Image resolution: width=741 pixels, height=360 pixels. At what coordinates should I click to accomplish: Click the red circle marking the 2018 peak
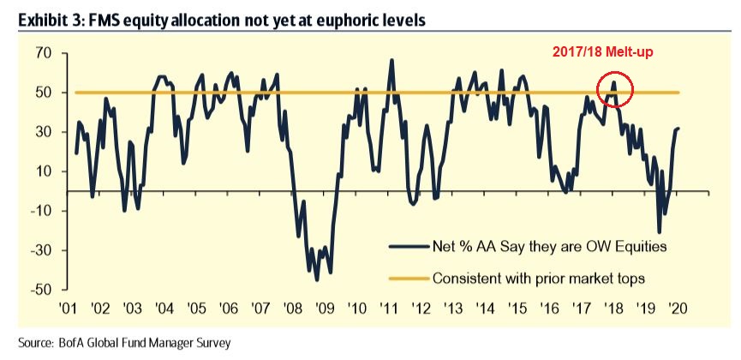coord(614,88)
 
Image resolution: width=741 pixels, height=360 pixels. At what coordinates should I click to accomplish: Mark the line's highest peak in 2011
coord(391,61)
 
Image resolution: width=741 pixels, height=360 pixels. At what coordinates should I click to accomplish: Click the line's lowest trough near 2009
coord(317,279)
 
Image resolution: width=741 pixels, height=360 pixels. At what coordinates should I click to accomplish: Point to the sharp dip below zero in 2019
coord(659,231)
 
